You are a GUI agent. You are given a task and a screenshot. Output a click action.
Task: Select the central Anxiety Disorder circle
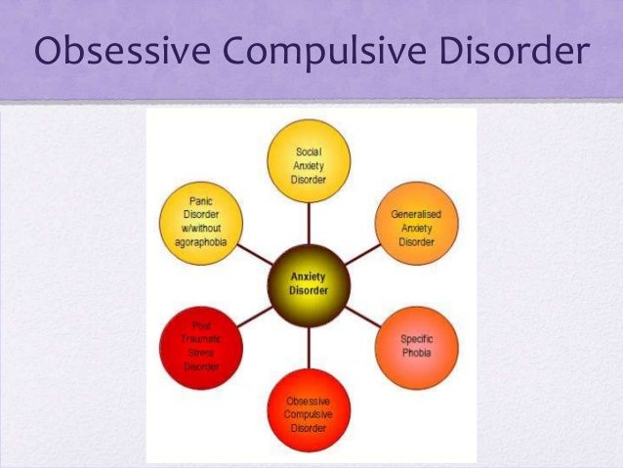point(309,283)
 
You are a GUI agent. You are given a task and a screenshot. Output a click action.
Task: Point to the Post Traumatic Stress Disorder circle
point(201,346)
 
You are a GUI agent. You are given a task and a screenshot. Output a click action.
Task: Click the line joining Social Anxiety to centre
point(309,220)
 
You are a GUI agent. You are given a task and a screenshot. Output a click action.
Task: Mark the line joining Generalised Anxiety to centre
point(362,253)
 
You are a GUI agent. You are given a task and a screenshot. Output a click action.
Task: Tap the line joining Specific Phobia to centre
point(362,315)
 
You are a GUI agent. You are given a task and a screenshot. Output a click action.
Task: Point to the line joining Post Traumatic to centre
point(254,315)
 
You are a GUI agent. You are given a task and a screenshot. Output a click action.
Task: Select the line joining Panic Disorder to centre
point(254,253)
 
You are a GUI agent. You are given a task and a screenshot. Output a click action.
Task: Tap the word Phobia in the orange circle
point(417,354)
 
